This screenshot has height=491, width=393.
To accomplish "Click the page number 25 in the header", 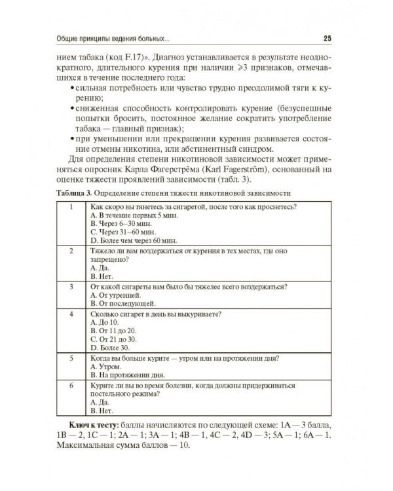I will coord(327,39).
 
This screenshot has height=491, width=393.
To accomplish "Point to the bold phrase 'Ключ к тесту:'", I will coord(96,426).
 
